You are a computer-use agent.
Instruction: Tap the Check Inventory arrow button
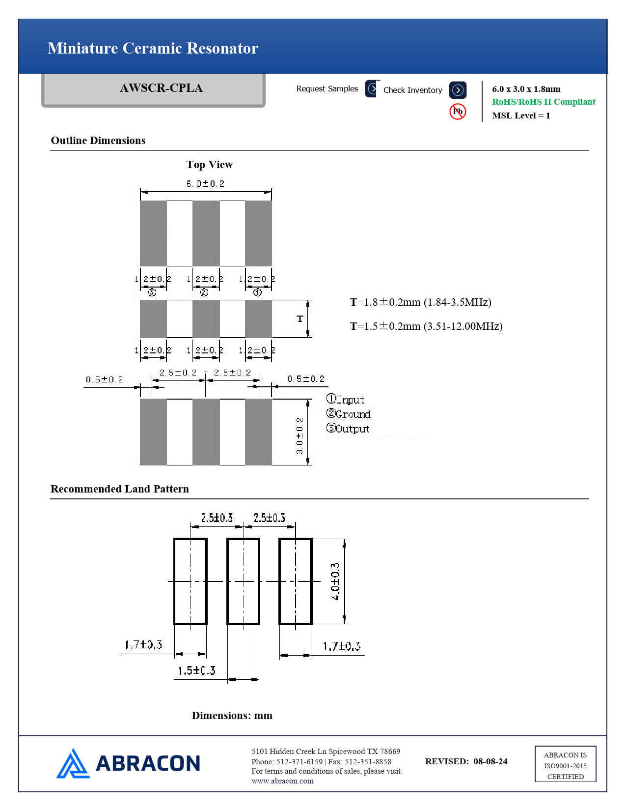pyautogui.click(x=458, y=90)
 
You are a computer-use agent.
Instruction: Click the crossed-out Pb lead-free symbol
pyautogui.click(x=458, y=112)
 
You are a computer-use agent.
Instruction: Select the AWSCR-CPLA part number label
pyautogui.click(x=161, y=88)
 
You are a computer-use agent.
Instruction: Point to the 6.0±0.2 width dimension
pyautogui.click(x=205, y=184)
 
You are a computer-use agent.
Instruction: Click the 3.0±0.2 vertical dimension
pyautogui.click(x=299, y=435)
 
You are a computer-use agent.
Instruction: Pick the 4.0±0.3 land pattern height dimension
pyautogui.click(x=335, y=581)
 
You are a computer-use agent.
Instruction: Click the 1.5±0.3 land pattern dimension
pyautogui.click(x=196, y=670)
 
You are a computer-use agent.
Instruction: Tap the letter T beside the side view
pyautogui.click(x=300, y=319)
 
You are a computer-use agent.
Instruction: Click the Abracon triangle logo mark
pyautogui.click(x=73, y=764)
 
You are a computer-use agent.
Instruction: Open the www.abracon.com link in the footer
pyautogui.click(x=282, y=781)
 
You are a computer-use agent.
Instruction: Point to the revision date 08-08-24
pyautogui.click(x=490, y=761)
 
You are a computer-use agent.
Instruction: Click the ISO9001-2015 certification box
pyautogui.click(x=565, y=765)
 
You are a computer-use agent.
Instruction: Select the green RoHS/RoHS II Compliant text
pyautogui.click(x=544, y=102)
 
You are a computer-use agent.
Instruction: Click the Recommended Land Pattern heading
pyautogui.click(x=120, y=489)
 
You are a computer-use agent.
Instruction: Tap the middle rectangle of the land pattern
pyautogui.click(x=243, y=581)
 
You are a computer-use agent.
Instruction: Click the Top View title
pyautogui.click(x=210, y=165)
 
